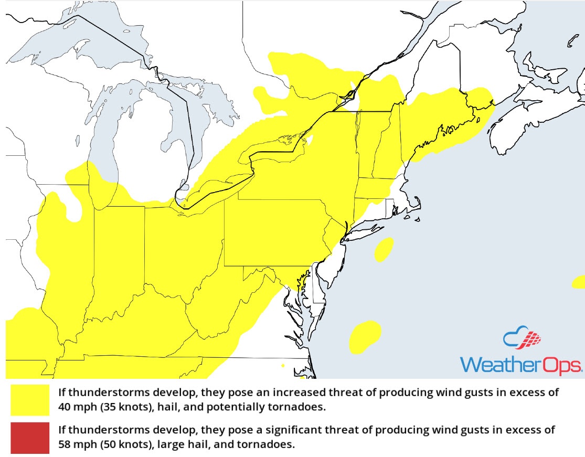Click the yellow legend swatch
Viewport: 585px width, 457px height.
pos(29,400)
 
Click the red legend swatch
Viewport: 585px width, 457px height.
pos(29,438)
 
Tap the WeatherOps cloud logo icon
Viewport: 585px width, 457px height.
pos(522,339)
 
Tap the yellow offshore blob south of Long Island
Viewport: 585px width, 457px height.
pos(385,249)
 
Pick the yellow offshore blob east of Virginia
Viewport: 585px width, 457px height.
pos(365,336)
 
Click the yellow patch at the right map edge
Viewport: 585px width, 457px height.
pos(579,282)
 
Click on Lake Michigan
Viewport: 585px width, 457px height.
pos(105,142)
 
